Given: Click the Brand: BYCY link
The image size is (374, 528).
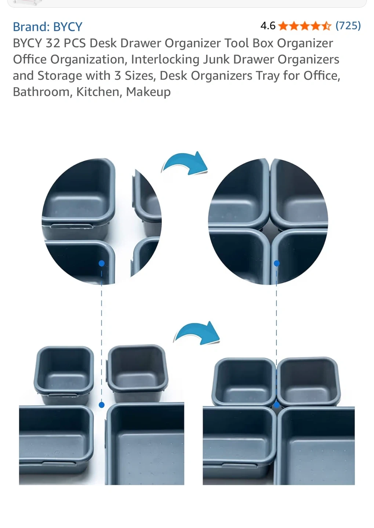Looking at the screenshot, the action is coord(47,27).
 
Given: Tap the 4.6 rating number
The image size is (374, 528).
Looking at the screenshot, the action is coord(268,26).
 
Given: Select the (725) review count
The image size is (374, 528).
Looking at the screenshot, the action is coord(348,26).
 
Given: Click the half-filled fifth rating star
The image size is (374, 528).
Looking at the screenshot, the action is coord(326,26).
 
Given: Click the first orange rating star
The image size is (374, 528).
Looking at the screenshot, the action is coord(283,26).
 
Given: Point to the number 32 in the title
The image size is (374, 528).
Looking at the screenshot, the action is coord(53,43).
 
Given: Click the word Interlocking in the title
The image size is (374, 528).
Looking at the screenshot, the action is coord(165,59).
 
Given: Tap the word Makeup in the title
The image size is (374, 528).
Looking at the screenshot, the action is coord(148,92).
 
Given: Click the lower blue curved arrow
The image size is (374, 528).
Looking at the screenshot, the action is coord(197,333).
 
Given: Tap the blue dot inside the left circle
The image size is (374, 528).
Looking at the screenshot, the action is coord(102,263).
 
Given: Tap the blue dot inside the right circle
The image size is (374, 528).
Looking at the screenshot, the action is coord(277,263).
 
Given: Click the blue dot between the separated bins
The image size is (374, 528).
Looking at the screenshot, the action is coord(102,405).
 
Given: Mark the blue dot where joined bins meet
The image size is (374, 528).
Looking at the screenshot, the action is coord(277,405).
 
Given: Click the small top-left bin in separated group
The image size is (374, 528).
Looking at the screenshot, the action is coord(64,375).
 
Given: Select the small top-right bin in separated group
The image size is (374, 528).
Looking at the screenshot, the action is coord(138,374).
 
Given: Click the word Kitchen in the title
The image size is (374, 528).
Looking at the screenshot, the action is coord(98,92).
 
